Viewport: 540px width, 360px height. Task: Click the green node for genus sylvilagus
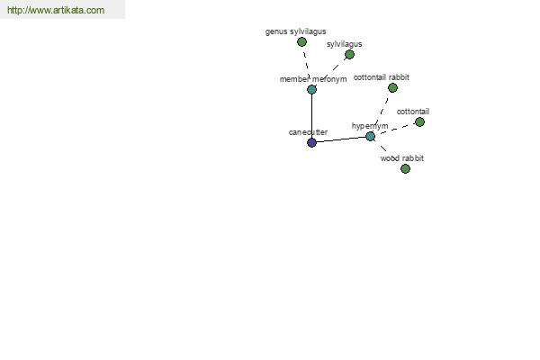coord(301,42)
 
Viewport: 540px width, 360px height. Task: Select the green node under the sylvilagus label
coord(349,54)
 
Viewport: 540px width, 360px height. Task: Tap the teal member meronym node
coord(311,90)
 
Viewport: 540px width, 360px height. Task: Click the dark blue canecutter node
coord(311,142)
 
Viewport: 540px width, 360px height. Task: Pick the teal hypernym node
coord(370,137)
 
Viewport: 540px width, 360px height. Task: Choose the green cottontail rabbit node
coord(392,88)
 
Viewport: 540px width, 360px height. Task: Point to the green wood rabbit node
coord(405,169)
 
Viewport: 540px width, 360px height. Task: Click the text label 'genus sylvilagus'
coord(295,31)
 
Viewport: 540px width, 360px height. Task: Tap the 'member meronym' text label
coord(313,79)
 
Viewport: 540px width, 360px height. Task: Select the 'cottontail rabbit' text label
coord(382,77)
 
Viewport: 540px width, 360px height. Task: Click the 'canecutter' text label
coord(308,132)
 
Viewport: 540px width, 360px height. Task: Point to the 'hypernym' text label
coord(370,126)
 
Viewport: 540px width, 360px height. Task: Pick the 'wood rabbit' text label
coord(402,158)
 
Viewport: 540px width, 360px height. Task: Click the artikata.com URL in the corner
coord(56,10)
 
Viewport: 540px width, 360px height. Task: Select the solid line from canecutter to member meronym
coord(311,116)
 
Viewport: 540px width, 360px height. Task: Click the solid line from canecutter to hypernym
coord(341,139)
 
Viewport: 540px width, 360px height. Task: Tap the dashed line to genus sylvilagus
coord(306,65)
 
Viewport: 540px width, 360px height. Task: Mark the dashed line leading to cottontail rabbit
coord(382,112)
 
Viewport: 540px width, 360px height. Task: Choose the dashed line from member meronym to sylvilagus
coord(331,72)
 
